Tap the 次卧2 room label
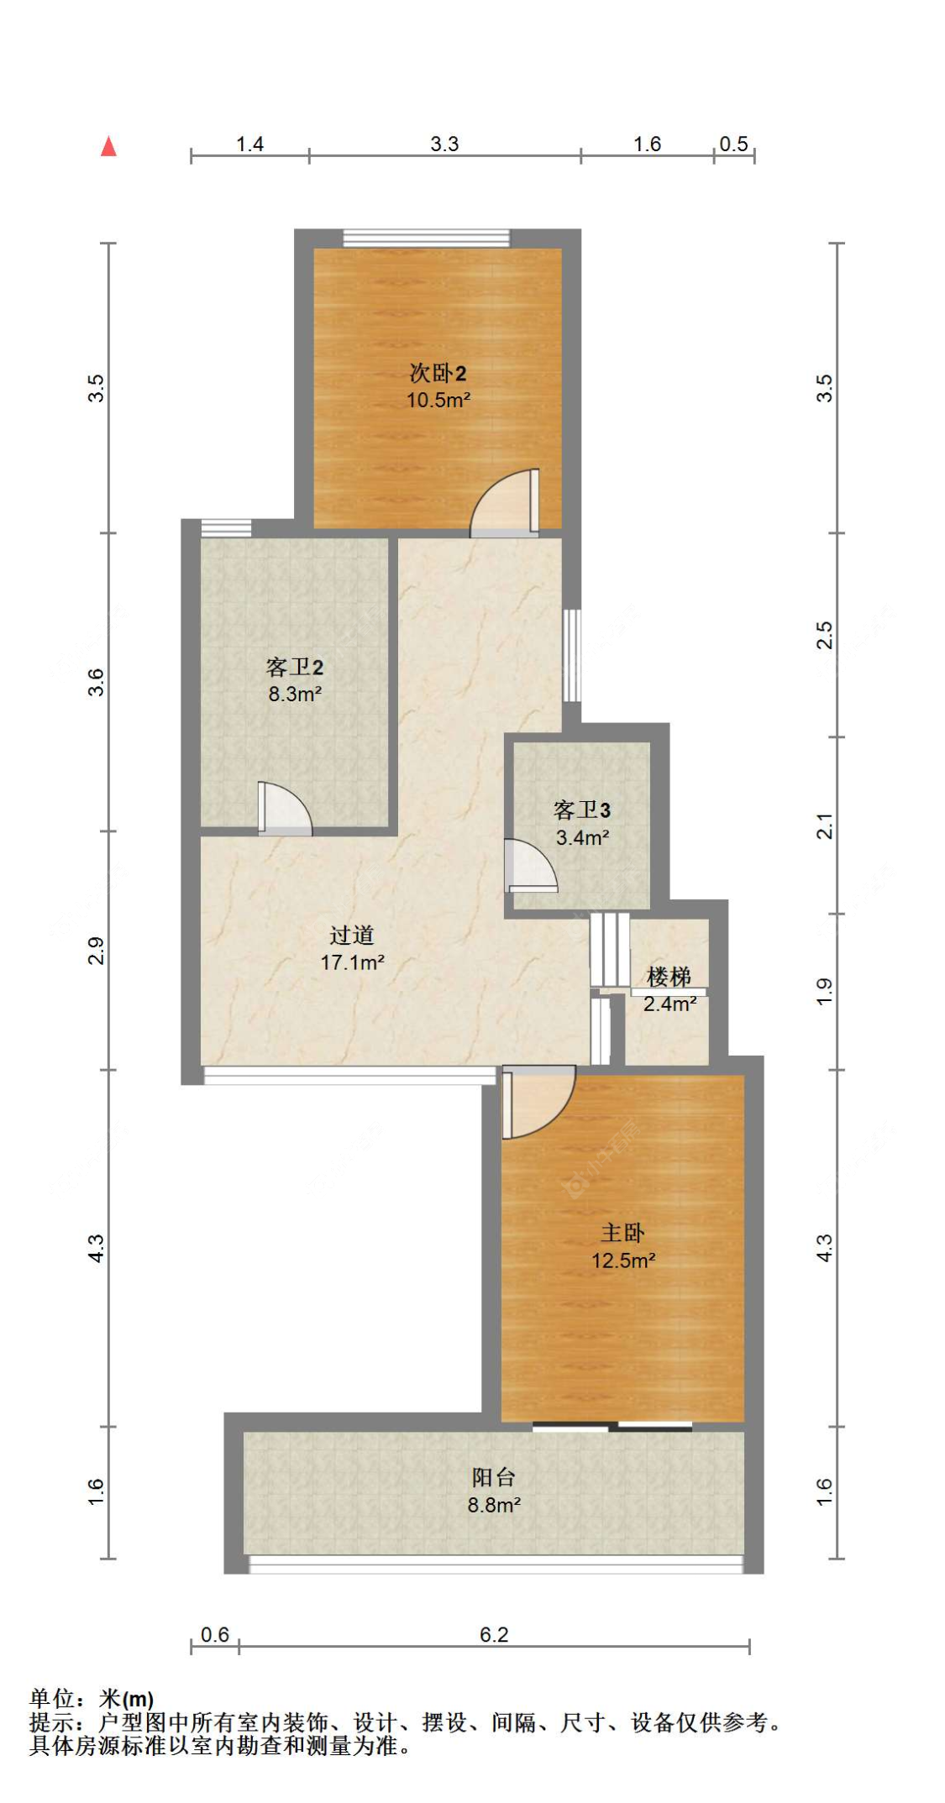click(x=438, y=373)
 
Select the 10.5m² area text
click(x=438, y=400)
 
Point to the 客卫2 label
click(x=295, y=667)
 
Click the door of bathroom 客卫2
click(x=285, y=809)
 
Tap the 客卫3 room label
click(x=582, y=810)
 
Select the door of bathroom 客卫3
click(x=530, y=865)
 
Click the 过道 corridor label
click(x=352, y=935)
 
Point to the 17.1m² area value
click(x=352, y=962)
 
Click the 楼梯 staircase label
click(x=669, y=977)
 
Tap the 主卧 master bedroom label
click(x=622, y=1233)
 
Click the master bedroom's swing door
click(x=538, y=1102)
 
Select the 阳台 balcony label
click(x=493, y=1477)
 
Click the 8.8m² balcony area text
click(x=494, y=1505)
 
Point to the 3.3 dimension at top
click(x=444, y=144)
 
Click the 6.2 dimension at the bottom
click(x=494, y=1634)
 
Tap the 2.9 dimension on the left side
click(x=96, y=951)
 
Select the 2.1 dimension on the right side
click(x=825, y=826)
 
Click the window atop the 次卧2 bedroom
click(x=427, y=238)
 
